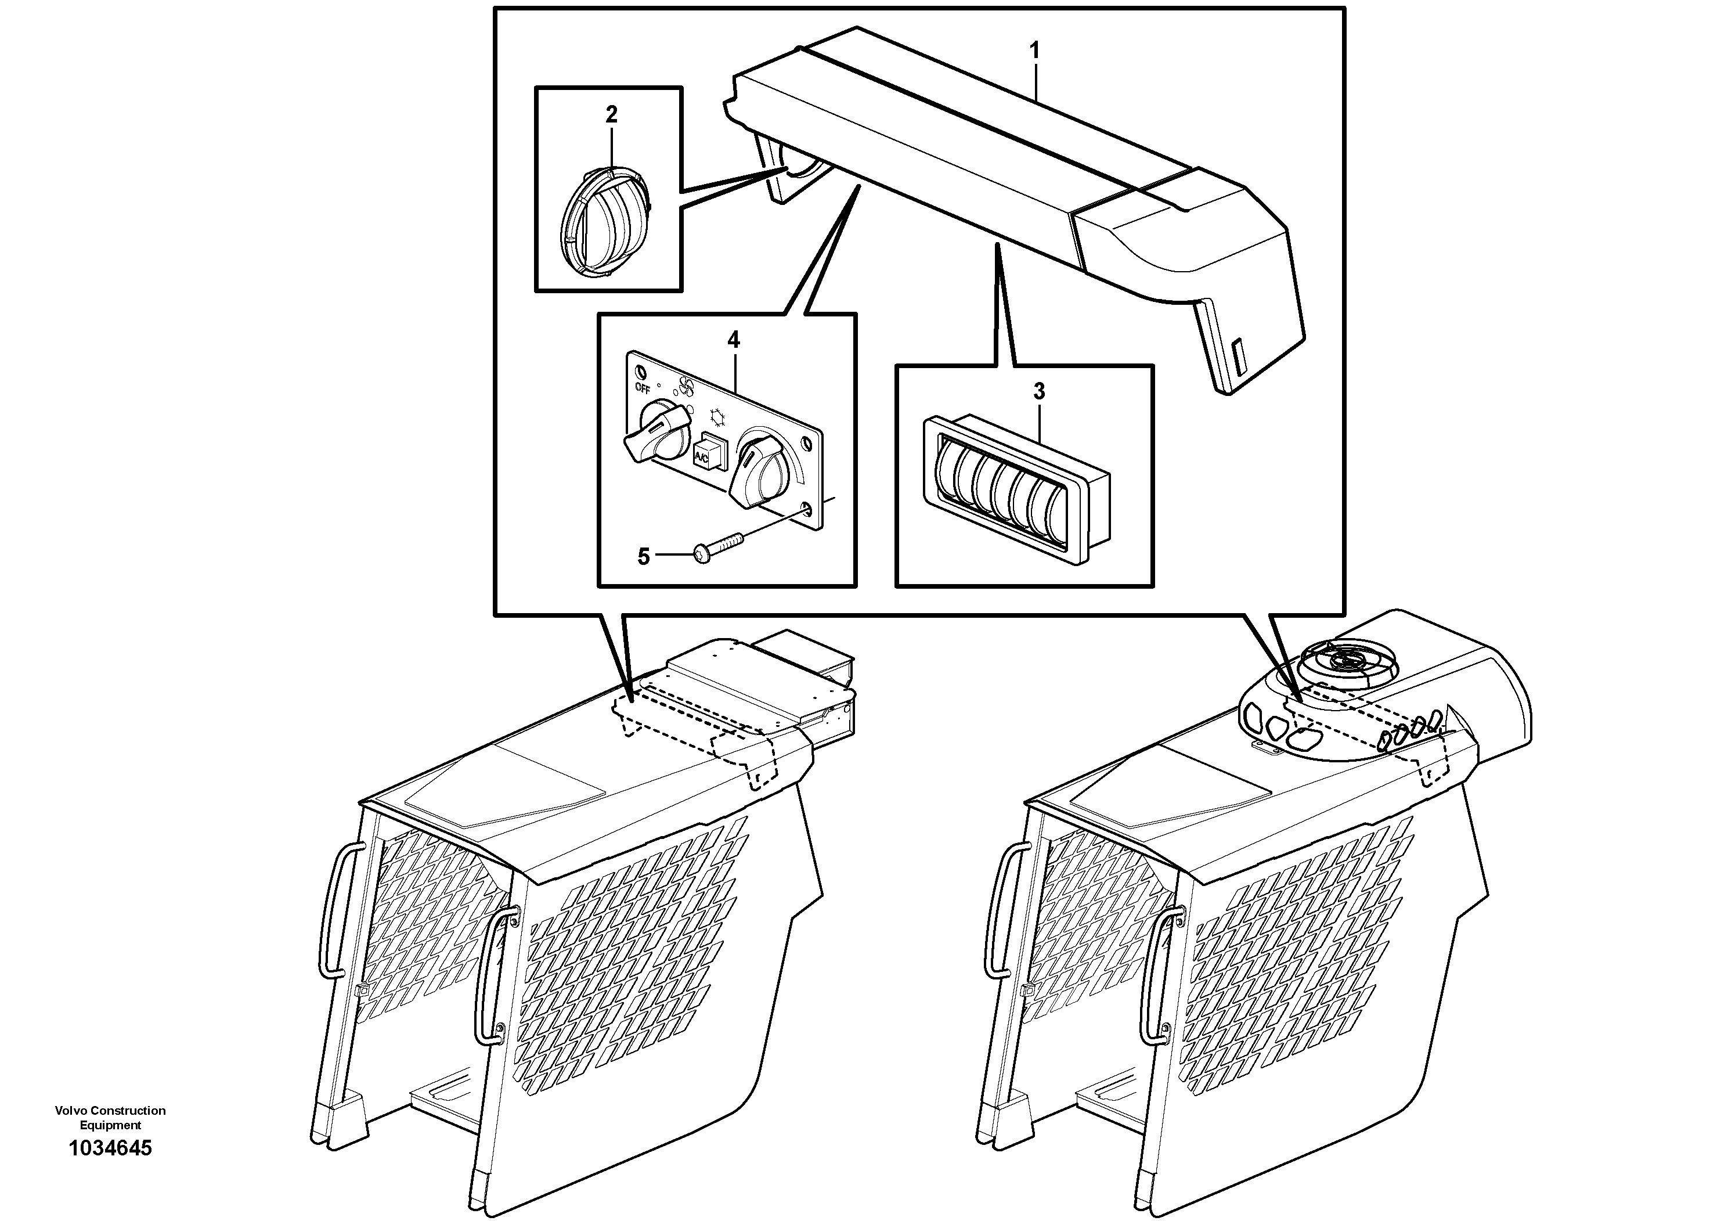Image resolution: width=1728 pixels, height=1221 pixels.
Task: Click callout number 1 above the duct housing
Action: tap(1034, 51)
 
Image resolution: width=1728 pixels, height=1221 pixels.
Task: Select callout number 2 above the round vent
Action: tap(611, 114)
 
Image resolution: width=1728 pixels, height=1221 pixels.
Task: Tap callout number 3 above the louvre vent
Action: tap(1038, 391)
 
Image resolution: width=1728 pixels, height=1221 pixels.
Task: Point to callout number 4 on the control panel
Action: tap(733, 340)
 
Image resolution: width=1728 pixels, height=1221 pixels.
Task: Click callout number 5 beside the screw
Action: tap(644, 557)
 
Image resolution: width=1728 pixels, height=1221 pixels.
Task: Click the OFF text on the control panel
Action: tap(642, 388)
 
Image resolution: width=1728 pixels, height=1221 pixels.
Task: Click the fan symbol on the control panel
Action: tap(686, 387)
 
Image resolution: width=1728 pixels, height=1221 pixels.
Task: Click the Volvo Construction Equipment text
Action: tap(110, 1117)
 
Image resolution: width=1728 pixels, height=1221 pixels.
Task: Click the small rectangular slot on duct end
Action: tap(1238, 358)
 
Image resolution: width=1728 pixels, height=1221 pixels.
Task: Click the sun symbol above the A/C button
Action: tap(718, 416)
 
